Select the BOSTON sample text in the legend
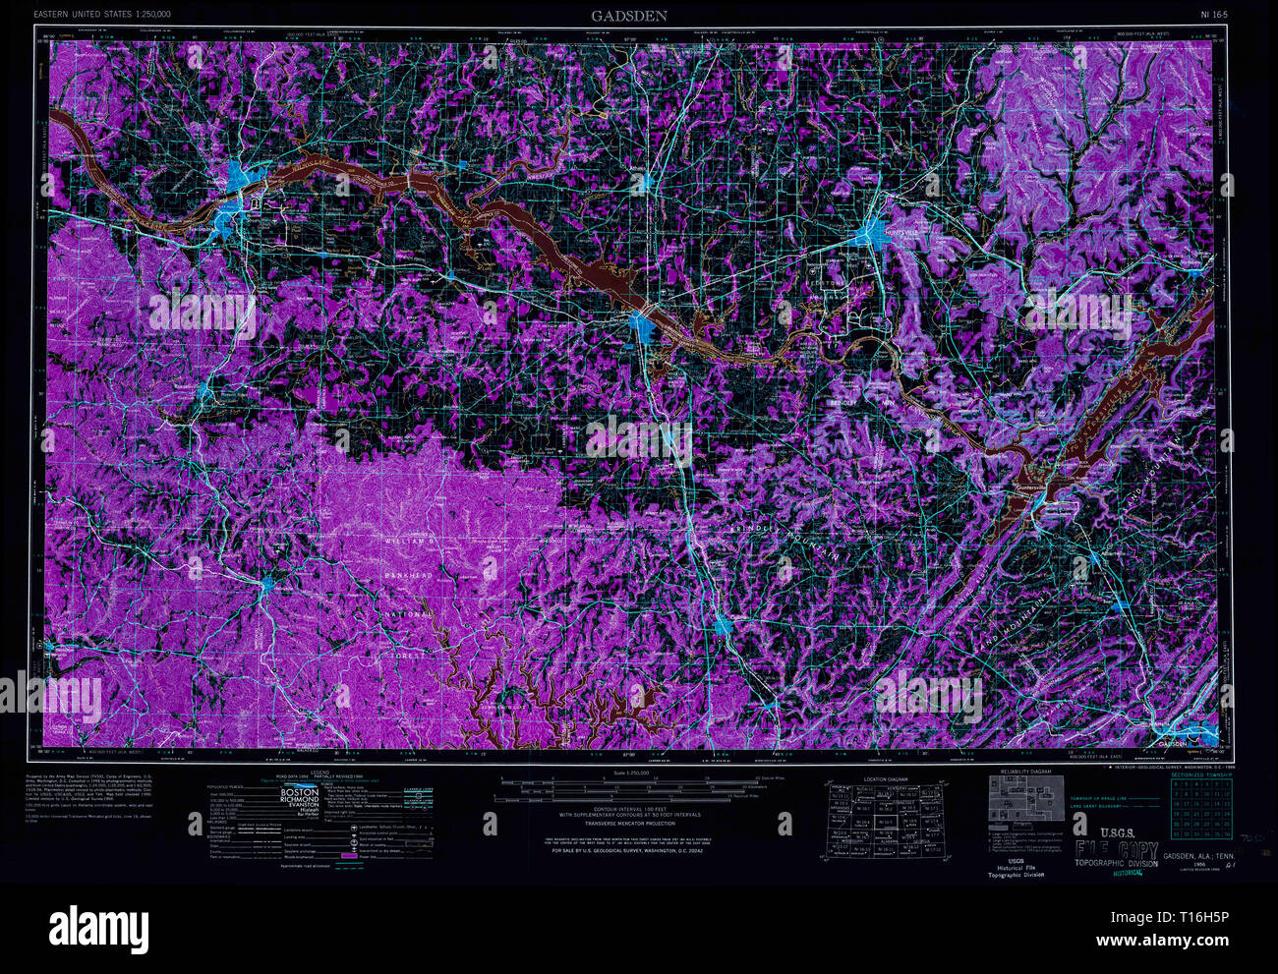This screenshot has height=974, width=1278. coord(301,792)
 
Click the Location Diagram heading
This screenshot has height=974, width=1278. coord(885,779)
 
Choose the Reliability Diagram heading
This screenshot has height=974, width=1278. coord(1027,773)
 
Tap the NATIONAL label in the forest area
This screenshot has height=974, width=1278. coord(406,613)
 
